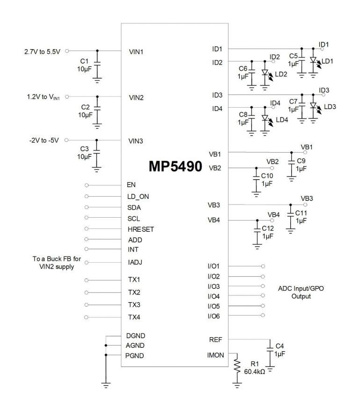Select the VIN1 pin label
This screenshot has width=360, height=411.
coord(136,51)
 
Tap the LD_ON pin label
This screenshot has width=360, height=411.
coord(138,196)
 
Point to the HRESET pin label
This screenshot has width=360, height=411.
coord(140,229)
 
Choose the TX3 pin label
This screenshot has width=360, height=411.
coord(134,305)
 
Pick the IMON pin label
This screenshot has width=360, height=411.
coord(217,355)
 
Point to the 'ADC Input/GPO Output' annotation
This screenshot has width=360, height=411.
coord(301,293)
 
